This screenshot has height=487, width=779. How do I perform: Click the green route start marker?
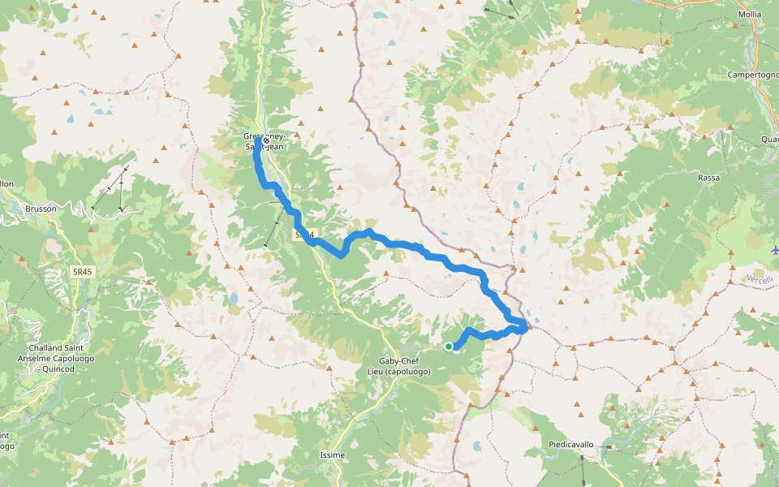[449, 347]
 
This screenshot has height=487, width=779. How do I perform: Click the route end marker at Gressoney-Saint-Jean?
[265, 140]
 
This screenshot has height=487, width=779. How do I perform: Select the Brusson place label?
[41, 209]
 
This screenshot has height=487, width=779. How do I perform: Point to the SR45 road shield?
[83, 273]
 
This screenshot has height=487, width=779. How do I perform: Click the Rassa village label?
[708, 177]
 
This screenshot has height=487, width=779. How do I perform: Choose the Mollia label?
[750, 15]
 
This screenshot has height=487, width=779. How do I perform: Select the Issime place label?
[333, 455]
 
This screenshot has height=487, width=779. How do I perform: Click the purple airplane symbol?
[774, 249]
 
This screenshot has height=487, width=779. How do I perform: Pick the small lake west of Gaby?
[233, 298]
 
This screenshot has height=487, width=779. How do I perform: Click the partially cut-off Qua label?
[769, 139]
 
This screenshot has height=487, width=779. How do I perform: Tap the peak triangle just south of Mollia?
[735, 26]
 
